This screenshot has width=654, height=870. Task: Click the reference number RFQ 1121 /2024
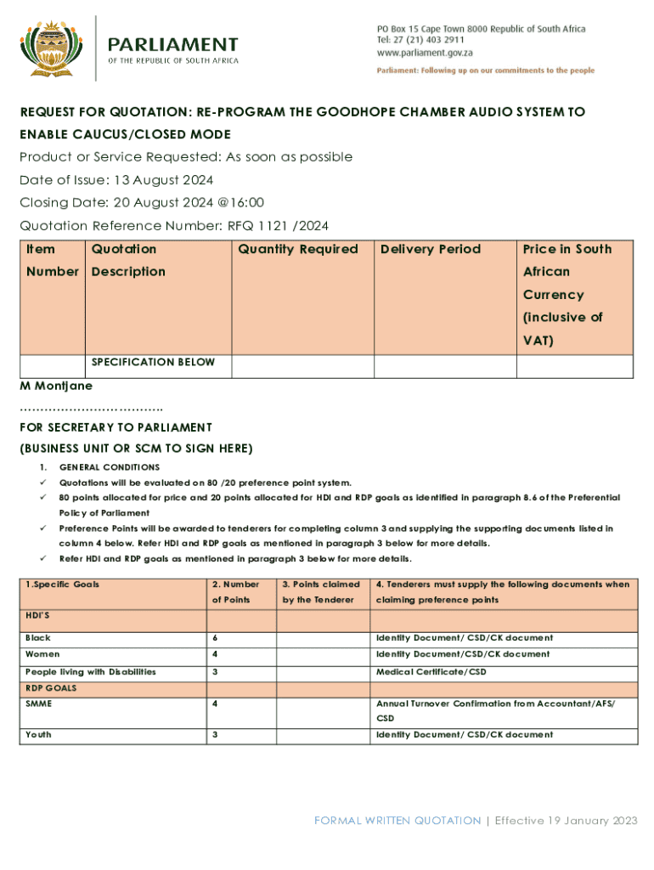[x=278, y=225]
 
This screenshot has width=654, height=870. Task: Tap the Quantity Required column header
[x=298, y=249]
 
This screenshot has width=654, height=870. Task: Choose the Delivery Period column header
[x=431, y=249]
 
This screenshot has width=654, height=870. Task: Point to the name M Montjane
[x=56, y=386]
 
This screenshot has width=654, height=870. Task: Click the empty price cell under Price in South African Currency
[x=574, y=366]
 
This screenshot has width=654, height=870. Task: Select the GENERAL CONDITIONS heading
[x=109, y=467]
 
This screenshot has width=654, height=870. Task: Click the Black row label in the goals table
[x=38, y=637]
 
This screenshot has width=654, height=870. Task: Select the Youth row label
[x=38, y=734]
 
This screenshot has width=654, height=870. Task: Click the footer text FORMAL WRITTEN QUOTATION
[x=397, y=820]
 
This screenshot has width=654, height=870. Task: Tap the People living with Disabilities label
[x=91, y=671]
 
